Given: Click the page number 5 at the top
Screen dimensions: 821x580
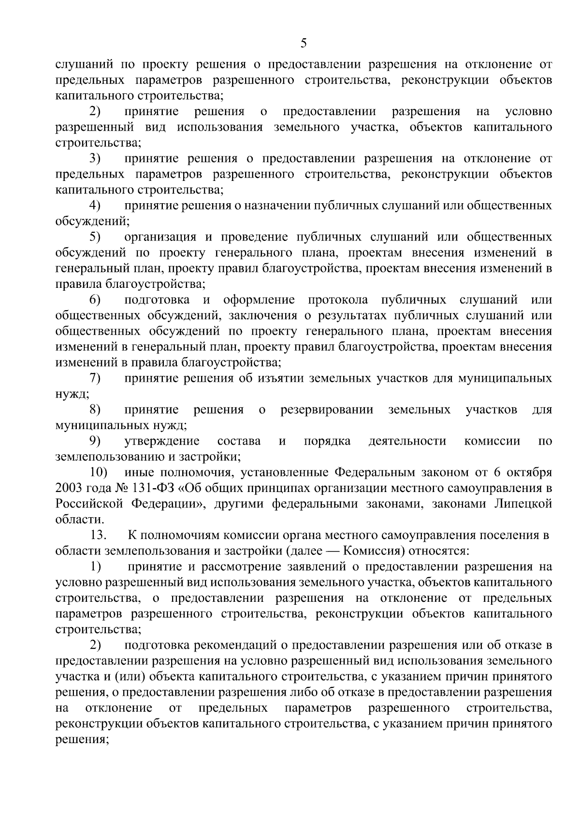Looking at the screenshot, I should point(304,44).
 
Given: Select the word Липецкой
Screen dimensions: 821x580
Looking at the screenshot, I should point(523,503).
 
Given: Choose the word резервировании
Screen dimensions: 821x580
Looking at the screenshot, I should point(327,410).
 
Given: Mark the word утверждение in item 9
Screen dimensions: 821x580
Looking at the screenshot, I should point(162,441).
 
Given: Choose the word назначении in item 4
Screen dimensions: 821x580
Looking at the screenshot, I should point(278,205).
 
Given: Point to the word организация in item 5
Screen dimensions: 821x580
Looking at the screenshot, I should point(160,237).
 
